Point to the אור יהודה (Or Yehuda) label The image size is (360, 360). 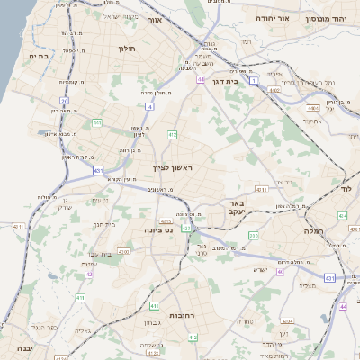click(271, 17)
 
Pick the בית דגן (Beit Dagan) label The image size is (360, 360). click(229, 81)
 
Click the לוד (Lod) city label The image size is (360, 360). click(346, 189)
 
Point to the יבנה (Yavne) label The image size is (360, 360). click(16, 347)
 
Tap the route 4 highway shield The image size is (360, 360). click(148, 106)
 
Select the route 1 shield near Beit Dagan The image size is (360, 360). click(254, 81)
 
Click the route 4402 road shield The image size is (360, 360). click(122, 252)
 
